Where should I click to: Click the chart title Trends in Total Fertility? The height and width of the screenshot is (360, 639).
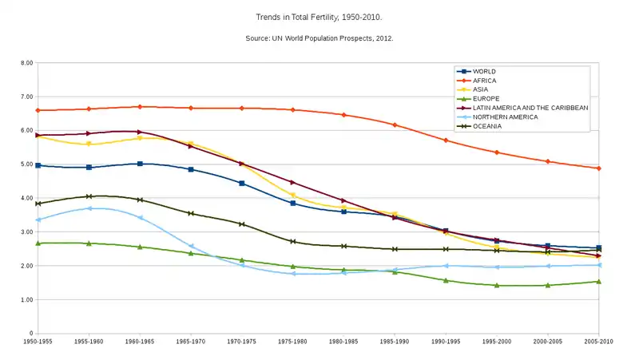[319, 16]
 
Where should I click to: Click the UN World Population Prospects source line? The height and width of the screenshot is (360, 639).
[319, 38]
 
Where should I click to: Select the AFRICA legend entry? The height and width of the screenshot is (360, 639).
[484, 81]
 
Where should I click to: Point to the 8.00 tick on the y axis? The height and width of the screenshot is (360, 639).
[26, 63]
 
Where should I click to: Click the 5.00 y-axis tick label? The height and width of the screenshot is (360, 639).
[26, 164]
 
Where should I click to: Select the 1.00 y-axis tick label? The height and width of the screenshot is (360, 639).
[26, 300]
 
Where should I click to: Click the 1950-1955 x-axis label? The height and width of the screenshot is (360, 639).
[38, 342]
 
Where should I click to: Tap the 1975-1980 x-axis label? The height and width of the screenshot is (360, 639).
[293, 342]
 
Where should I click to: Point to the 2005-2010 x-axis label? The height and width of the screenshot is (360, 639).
[599, 342]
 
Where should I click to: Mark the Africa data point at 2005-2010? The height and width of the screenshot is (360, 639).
[599, 168]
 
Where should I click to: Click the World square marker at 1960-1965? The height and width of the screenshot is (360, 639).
[140, 164]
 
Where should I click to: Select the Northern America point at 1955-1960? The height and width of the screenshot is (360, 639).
[89, 208]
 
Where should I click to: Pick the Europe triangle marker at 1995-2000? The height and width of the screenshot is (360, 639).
[497, 285]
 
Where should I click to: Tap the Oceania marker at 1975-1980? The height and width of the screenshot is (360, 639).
[293, 241]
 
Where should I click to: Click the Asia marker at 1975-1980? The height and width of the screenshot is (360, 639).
[293, 196]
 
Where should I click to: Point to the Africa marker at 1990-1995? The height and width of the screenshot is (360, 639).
[446, 140]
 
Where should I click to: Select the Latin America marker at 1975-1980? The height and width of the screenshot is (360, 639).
[293, 182]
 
